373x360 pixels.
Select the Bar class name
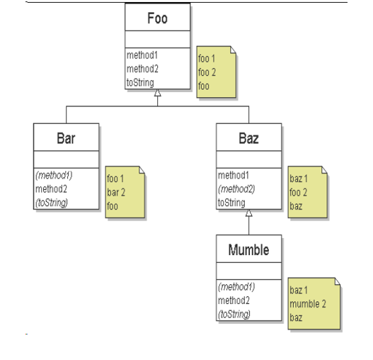[x=66, y=138]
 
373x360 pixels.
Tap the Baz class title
[x=248, y=138]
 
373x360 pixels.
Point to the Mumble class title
[x=248, y=250]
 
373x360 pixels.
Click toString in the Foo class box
[x=140, y=83]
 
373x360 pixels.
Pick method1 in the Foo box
[x=142, y=55]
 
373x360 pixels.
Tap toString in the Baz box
[x=231, y=203]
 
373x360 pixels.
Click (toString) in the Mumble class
[x=234, y=314]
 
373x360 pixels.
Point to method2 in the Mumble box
[x=233, y=300]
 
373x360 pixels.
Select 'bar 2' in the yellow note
[x=117, y=192]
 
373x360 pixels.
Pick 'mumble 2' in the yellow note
[x=308, y=304]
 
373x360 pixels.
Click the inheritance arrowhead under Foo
[x=158, y=93]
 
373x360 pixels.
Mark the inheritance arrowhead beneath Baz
[x=249, y=213]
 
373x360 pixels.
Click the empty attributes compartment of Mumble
[x=248, y=271]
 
